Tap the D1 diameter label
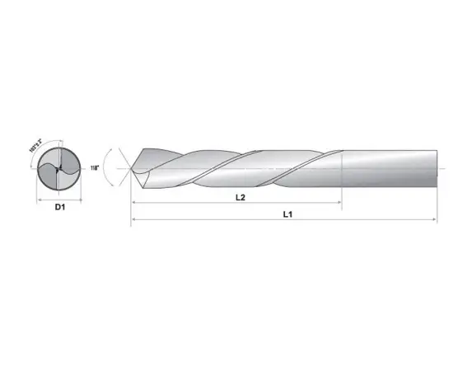59,207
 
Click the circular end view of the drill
58,169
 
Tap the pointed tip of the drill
132,169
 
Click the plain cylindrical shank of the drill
387,168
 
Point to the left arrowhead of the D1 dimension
40,199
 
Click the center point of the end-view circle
58,169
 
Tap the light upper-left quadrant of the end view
49,160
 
